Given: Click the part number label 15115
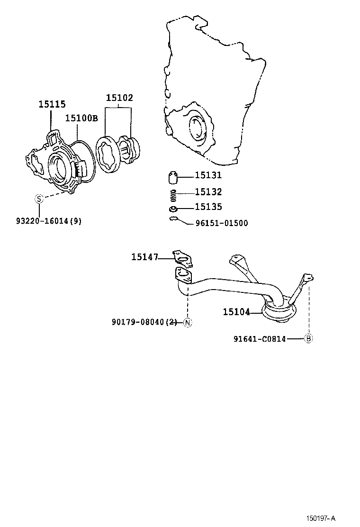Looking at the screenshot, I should [52, 104].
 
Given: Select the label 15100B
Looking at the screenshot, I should [81, 118].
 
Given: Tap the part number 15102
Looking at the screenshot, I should [119, 98].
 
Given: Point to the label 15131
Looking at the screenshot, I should [208, 175].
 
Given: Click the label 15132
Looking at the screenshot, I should [208, 192].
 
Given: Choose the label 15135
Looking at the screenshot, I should [208, 207].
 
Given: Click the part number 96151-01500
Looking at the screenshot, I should [221, 223].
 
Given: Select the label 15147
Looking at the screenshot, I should [144, 257].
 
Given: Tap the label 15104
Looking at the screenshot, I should [236, 312].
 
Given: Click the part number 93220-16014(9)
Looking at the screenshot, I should [48, 221].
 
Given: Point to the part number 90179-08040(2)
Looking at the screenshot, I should [144, 322].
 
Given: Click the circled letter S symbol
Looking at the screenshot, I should [39, 199].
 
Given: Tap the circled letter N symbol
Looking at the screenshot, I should [187, 323].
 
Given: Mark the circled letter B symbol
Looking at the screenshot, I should [308, 338].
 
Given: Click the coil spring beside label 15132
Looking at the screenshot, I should [174, 193].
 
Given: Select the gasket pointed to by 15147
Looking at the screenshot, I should [183, 257].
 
